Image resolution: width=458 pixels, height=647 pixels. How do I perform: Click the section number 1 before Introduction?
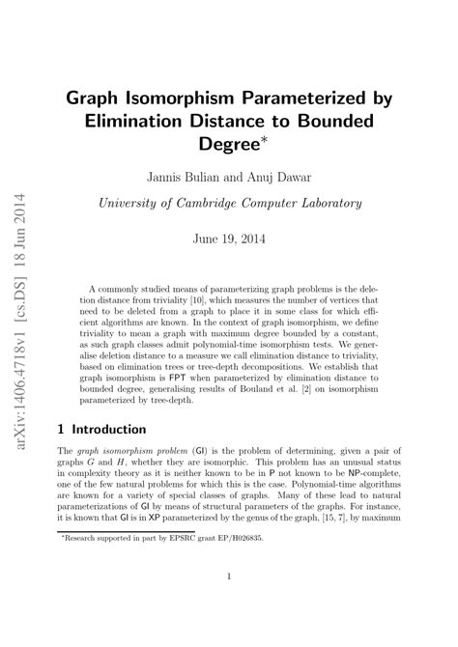pos(61,429)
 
